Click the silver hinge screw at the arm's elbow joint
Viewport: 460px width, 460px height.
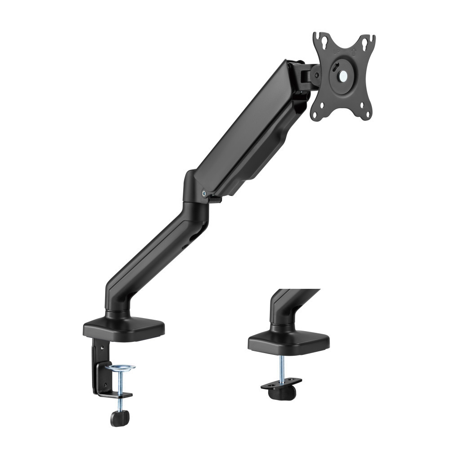coord(205,194)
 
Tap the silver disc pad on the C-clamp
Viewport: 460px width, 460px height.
coord(120,368)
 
